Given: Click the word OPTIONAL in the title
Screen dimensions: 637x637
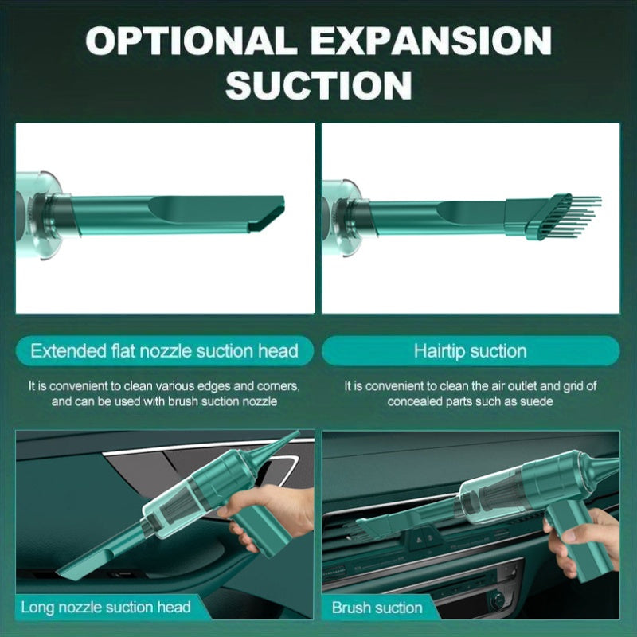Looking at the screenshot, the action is tap(191, 41).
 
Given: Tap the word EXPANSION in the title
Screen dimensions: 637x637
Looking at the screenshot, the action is tap(433, 41).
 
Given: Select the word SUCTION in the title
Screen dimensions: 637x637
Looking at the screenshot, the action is tap(318, 85).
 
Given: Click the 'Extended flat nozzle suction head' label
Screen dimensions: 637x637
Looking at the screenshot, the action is tap(165, 351).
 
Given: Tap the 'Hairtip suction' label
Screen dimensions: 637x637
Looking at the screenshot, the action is tap(471, 351).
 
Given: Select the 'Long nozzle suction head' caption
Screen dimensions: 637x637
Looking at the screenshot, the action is tap(106, 608).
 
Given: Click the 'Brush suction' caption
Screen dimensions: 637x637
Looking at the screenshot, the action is tap(377, 608).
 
